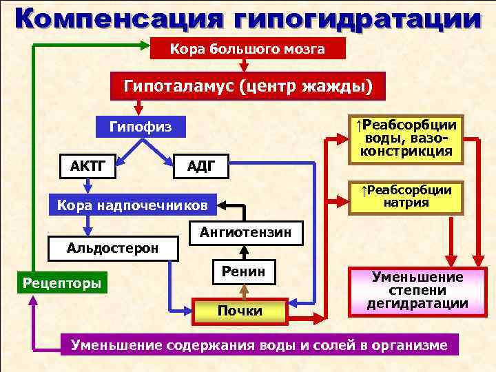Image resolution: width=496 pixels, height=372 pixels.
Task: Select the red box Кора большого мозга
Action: coord(238,49)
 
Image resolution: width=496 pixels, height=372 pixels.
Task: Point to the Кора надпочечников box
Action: coord(131,205)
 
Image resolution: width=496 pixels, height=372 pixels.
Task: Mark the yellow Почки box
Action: coord(239,311)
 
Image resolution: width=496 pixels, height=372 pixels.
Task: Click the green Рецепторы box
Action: coord(62,282)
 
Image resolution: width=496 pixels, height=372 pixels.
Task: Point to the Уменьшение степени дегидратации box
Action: coord(417,290)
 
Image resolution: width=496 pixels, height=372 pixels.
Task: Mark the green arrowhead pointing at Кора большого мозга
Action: coord(157,47)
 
